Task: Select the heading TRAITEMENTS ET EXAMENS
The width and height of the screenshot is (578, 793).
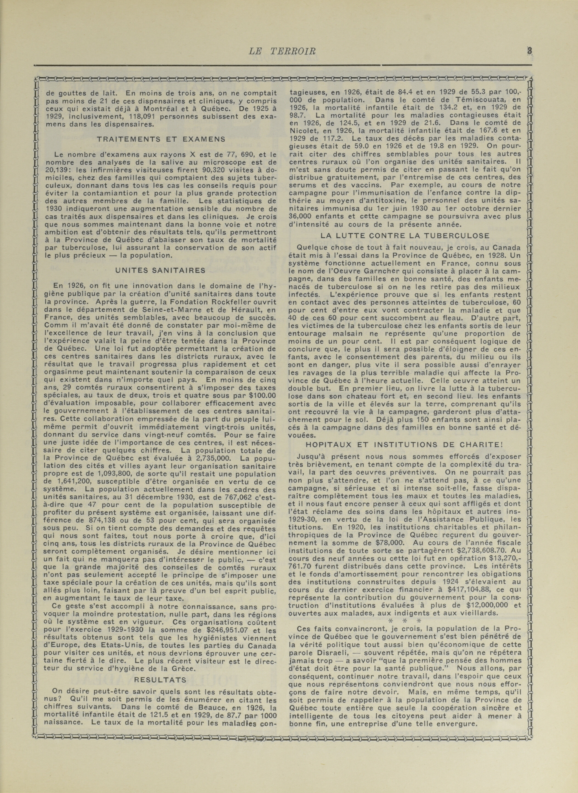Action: point(161,139)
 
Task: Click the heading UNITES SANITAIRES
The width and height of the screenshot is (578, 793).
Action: point(161,271)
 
